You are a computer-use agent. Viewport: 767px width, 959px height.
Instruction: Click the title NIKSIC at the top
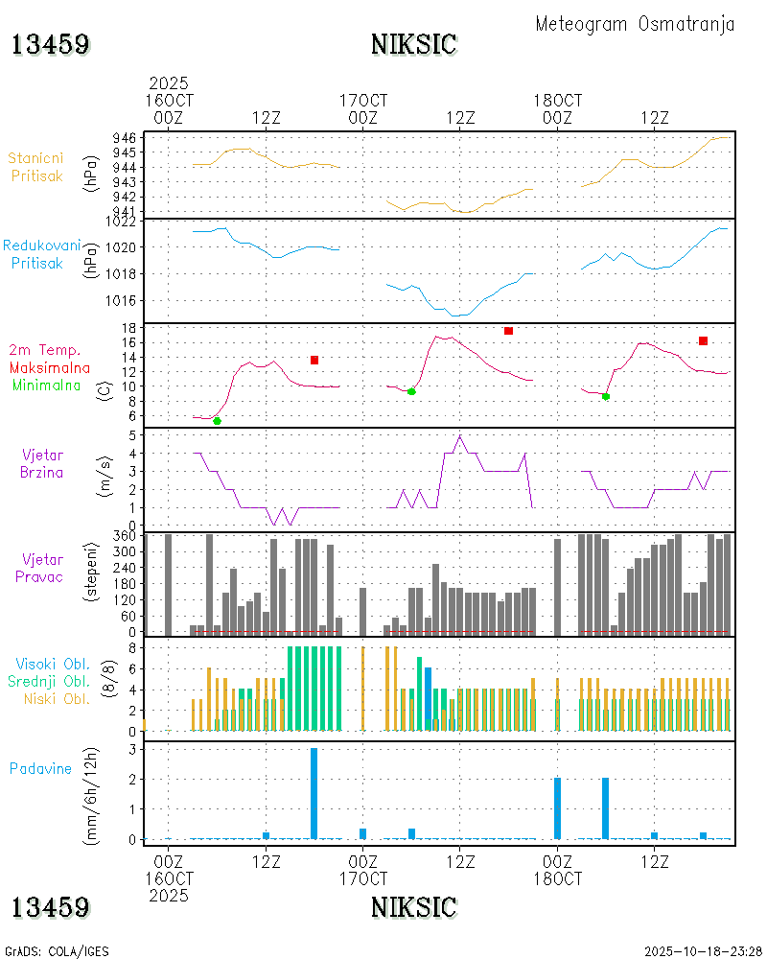pos(413,44)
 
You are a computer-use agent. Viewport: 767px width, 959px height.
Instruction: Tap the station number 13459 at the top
pos(51,44)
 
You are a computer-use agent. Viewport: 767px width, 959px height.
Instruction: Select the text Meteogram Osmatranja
pos(635,24)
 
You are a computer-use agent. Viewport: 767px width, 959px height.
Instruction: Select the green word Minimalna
pos(52,386)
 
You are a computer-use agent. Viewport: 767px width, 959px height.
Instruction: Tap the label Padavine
pos(40,768)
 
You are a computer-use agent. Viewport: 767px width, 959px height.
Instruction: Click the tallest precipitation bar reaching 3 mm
pos(314,793)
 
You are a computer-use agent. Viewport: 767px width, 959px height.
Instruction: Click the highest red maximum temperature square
pos(508,331)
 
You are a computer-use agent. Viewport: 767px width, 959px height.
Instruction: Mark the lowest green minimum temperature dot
pos(217,421)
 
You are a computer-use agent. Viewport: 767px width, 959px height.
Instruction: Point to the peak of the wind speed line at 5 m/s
pos(460,436)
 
